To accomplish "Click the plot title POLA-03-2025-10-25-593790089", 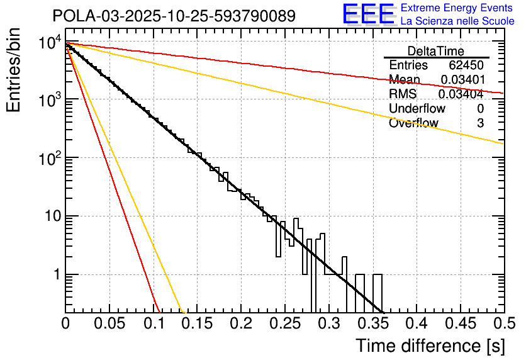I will (x=174, y=16).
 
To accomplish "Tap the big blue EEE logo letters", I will (x=368, y=14).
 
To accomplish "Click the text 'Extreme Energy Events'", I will (x=457, y=8).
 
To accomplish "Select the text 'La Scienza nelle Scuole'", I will (x=457, y=21).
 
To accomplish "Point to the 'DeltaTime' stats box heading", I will (x=436, y=51).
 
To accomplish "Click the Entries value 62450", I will (x=466, y=65).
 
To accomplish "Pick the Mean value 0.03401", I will (x=462, y=80).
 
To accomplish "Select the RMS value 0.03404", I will (x=461, y=94).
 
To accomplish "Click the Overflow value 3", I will (x=480, y=123).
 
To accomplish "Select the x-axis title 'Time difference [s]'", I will (x=430, y=346).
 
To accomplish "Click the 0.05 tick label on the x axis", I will (x=109, y=323).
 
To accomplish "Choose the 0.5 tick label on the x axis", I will (x=503, y=323).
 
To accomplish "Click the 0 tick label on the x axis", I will (x=65, y=323).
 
